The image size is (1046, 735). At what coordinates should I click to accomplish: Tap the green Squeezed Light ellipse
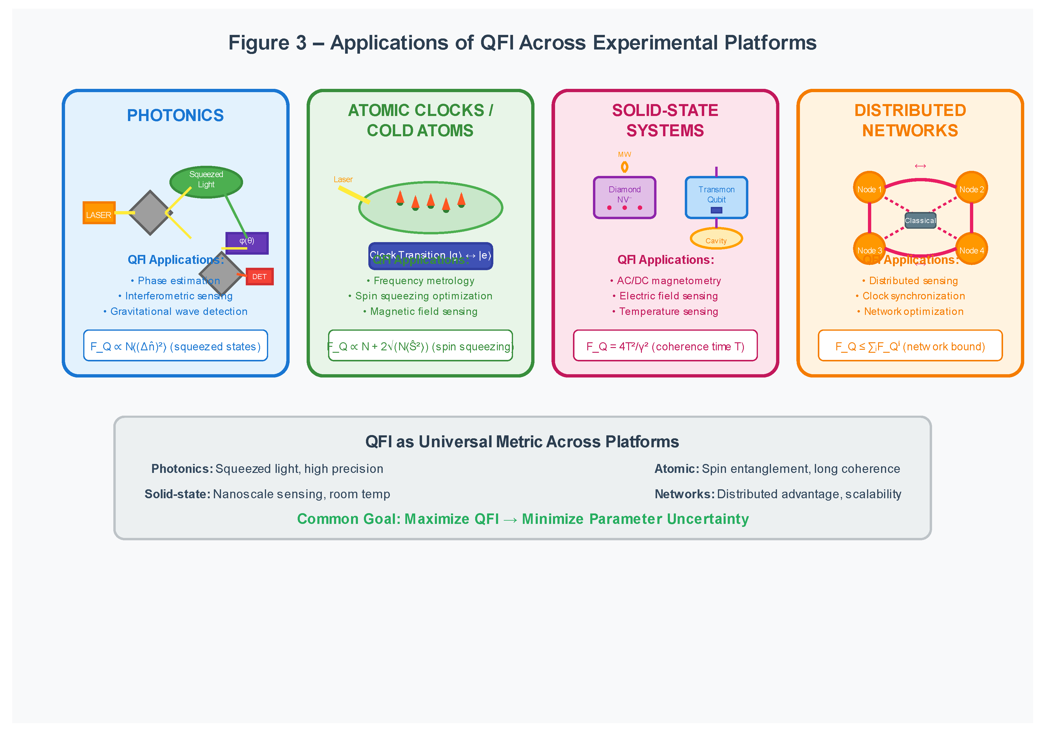[x=206, y=181]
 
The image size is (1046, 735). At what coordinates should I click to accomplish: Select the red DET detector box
[x=259, y=276]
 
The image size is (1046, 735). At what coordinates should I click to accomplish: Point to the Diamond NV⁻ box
[x=624, y=197]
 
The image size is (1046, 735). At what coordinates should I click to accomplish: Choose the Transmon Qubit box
[x=716, y=197]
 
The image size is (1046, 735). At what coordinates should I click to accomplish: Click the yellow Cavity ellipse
[x=716, y=239]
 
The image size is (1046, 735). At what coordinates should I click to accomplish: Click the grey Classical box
[x=920, y=220]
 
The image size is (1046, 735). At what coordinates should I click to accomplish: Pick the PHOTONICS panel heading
[x=175, y=115]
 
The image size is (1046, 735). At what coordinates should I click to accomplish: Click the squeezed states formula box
[x=175, y=346]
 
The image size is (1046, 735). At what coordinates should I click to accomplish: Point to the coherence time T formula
[x=665, y=346]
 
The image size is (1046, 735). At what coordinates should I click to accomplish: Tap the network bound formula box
[x=910, y=346]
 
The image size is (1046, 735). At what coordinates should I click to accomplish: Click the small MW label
[x=624, y=155]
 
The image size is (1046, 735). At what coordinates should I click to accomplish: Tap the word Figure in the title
[x=258, y=43]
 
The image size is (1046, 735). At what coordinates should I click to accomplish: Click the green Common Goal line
[x=523, y=519]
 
